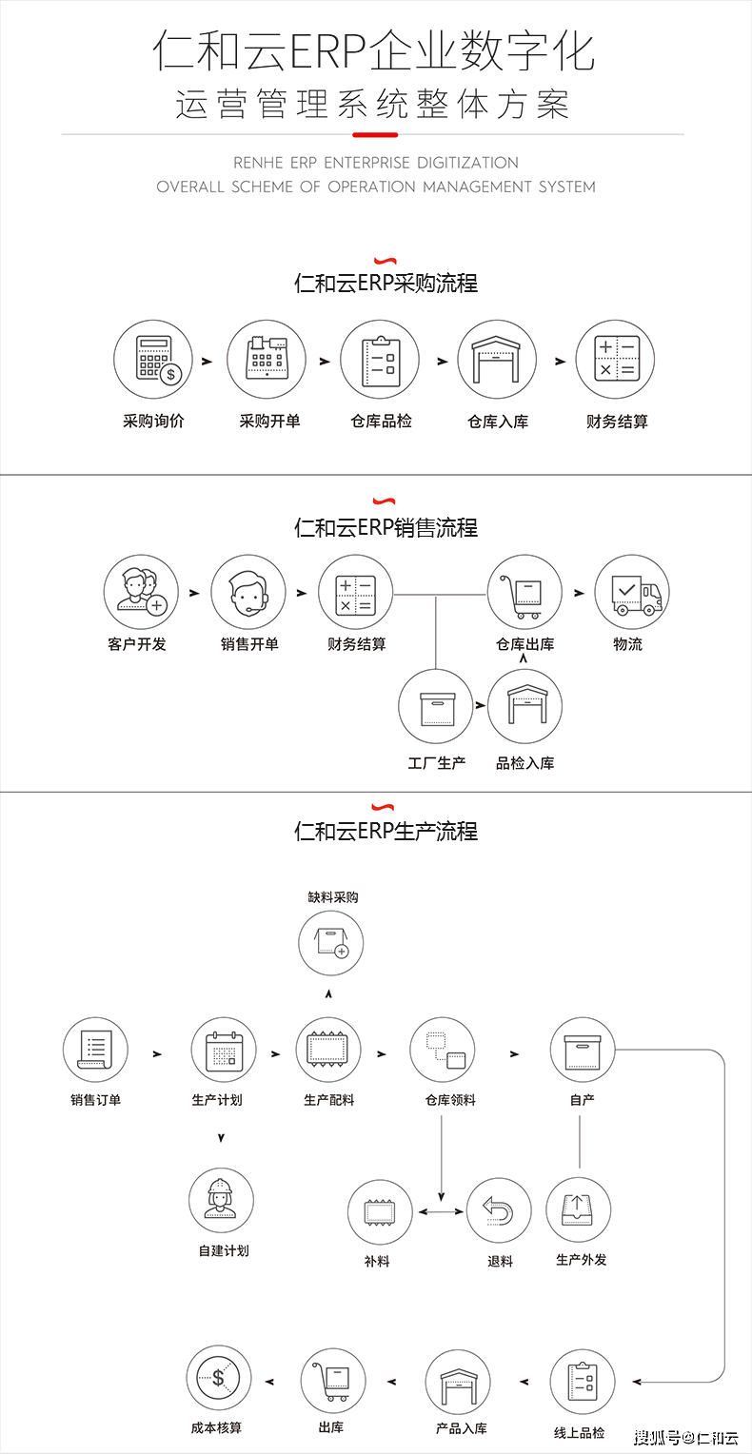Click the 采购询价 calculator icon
coord(152,360)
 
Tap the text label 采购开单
coord(269,421)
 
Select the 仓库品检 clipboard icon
coord(380,360)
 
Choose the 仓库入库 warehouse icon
coord(497,360)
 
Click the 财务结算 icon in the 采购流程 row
coord(615,360)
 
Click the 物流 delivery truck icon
coord(632,593)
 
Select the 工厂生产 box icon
coord(436,707)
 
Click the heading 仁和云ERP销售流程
coord(386,528)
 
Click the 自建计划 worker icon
coord(221,1200)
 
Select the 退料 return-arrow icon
coord(499,1212)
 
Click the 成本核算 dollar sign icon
coord(219,1377)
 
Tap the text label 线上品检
coord(579,1433)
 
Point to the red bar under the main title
coord(374,134)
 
